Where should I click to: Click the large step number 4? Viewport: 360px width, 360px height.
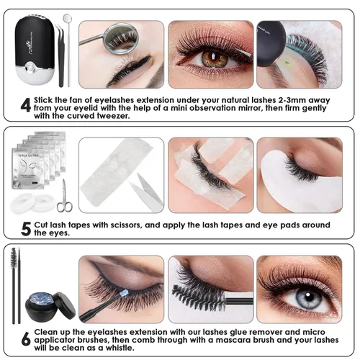(x=26, y=105)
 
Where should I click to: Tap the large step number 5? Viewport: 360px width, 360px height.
(x=26, y=229)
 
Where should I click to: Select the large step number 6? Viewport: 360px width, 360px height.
(x=26, y=339)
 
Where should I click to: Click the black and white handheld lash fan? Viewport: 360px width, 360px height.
(x=35, y=51)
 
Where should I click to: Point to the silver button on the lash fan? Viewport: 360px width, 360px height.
(x=30, y=67)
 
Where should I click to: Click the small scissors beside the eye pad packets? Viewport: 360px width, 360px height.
(x=64, y=196)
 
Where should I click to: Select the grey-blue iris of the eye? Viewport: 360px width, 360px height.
(x=309, y=299)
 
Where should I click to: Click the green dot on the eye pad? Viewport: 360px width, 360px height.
(x=287, y=64)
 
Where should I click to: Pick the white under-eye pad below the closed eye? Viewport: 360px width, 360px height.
(x=300, y=181)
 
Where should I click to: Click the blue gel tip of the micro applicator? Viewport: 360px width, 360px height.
(x=125, y=293)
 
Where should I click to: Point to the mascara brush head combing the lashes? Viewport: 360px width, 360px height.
(x=199, y=298)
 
